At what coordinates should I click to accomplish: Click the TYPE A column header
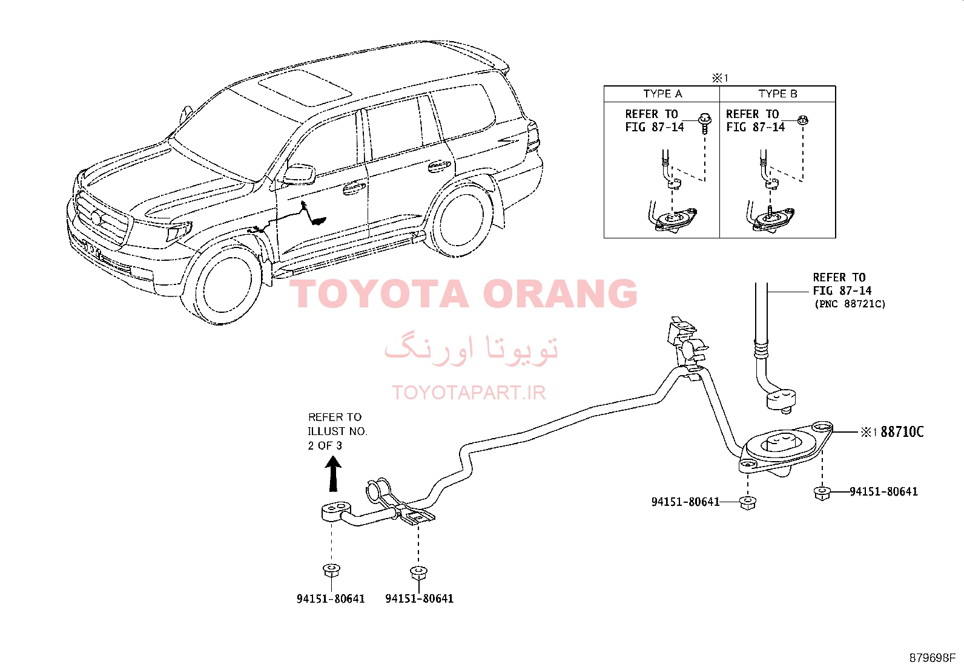coord(662,94)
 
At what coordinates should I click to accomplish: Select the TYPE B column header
coord(777,94)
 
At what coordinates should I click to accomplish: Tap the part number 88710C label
coord(902,431)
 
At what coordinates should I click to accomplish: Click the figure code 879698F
coord(932,658)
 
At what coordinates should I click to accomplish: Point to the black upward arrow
coord(332,474)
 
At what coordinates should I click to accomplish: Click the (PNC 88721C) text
coord(850,304)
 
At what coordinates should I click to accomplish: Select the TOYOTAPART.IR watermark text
coord(469,393)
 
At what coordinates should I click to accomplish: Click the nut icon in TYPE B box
coord(803,120)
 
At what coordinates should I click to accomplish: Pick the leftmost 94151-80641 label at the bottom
coord(331,599)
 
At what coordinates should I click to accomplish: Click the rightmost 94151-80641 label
coord(883,491)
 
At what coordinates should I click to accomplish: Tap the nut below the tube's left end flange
coord(331,571)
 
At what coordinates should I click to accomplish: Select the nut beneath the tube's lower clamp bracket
coord(418,573)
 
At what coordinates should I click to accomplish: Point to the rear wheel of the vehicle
coord(460,219)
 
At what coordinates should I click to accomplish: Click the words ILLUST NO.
coord(337,431)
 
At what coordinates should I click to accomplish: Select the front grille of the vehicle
coord(102,218)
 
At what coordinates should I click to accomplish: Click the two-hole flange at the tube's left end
coord(336,511)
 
